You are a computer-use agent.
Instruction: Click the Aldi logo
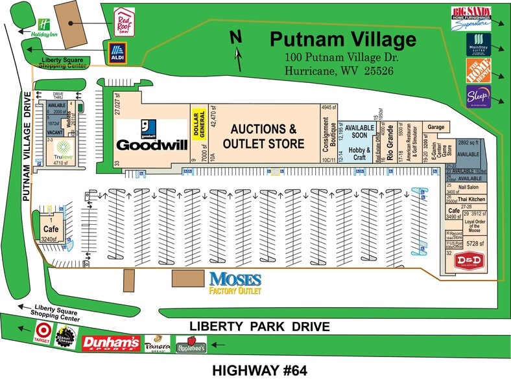[x=117, y=53]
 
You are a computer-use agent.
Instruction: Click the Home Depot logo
[x=478, y=71]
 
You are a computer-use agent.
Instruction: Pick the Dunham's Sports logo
[x=110, y=342]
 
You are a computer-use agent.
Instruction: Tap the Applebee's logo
[x=191, y=344]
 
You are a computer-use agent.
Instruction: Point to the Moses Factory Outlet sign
[x=235, y=283]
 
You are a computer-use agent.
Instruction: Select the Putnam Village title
[x=342, y=40]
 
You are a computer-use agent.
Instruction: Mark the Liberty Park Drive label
[x=259, y=326]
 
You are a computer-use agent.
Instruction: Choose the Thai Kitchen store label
[x=468, y=199]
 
